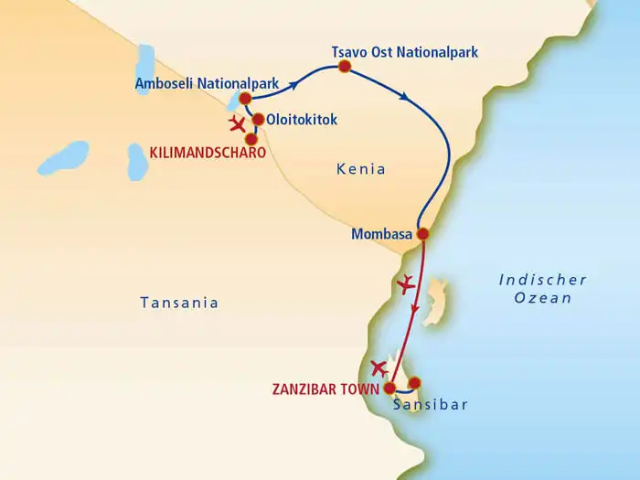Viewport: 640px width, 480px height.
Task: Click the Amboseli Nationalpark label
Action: [x=194, y=84]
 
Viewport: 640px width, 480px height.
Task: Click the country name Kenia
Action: [x=360, y=169]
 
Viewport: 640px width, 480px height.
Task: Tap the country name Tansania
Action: [x=179, y=303]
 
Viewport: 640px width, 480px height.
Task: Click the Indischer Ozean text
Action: [x=543, y=289]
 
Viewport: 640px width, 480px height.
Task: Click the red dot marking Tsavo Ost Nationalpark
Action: [x=345, y=67]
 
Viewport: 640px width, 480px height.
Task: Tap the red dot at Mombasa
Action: [x=422, y=234]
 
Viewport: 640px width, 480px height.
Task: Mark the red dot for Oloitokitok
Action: [x=258, y=120]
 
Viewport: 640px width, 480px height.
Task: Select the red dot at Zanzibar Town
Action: [x=389, y=387]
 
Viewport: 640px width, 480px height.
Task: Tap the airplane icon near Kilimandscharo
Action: [x=238, y=123]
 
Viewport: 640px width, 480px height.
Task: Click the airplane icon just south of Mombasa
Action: [x=407, y=283]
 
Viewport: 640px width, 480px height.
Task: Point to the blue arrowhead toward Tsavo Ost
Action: [x=296, y=86]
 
